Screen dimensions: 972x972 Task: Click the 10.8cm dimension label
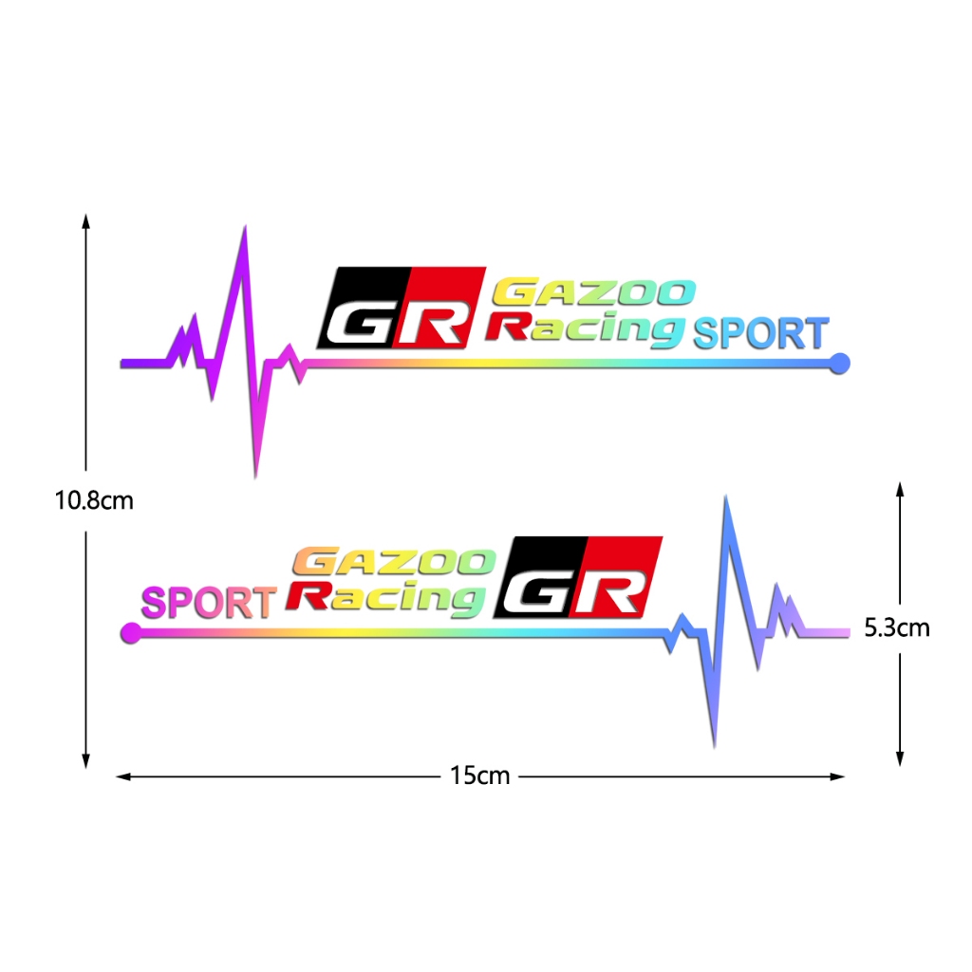(x=94, y=500)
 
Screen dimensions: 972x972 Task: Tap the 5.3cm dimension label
(x=897, y=627)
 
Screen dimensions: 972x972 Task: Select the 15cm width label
(x=480, y=776)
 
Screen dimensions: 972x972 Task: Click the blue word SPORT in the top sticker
(x=760, y=334)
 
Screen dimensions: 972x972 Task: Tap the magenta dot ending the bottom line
(x=130, y=633)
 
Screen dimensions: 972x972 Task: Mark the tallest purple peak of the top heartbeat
(x=245, y=229)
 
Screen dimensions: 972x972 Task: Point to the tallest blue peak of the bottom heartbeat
(x=726, y=499)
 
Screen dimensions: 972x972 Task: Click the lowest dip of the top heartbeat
(x=255, y=474)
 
